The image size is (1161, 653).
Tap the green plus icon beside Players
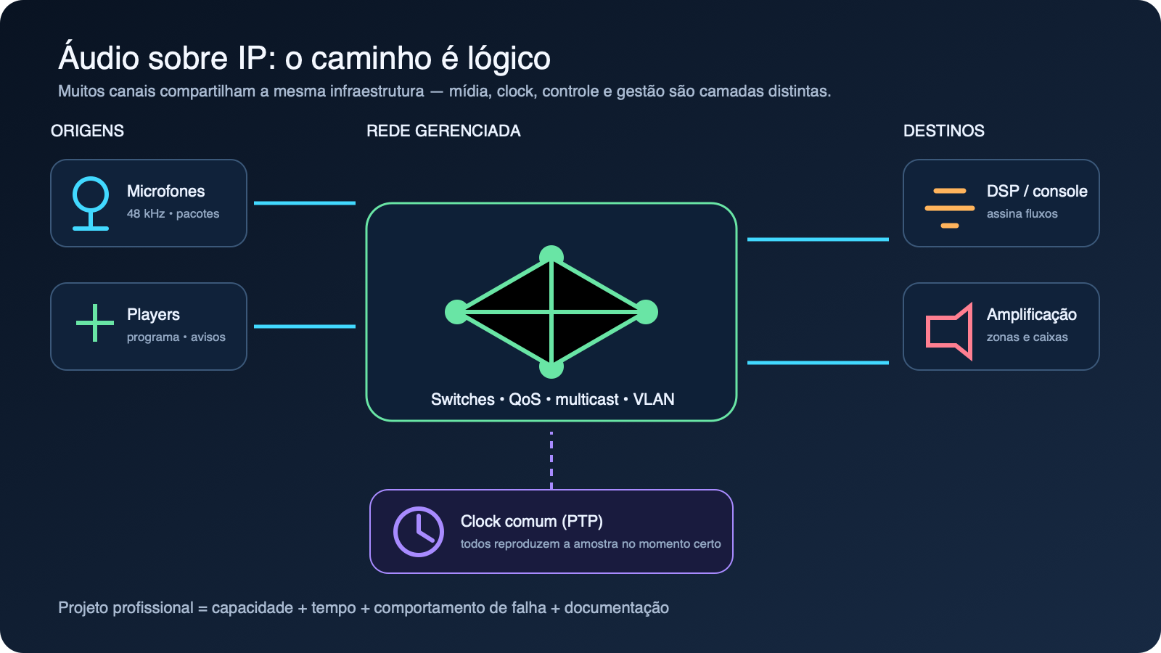pos(95,323)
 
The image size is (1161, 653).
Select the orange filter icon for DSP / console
pos(950,208)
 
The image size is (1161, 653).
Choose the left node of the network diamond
pos(456,312)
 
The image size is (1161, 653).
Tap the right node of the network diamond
pos(647,312)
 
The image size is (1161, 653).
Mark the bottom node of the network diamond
pos(551,368)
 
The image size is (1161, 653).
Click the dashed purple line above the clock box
pos(551,460)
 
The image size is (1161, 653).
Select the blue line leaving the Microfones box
pos(305,203)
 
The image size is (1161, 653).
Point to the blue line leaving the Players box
pos(305,326)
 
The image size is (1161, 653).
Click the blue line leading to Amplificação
pos(818,363)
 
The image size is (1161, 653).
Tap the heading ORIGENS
pos(87,131)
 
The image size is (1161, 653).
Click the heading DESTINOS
pos(944,131)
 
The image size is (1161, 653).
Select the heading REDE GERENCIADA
pos(443,131)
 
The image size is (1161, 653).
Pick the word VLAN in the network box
pos(654,399)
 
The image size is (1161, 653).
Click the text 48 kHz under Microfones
pos(146,213)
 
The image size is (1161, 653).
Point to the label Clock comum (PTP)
pos(532,522)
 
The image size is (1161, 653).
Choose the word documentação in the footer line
pos(617,607)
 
